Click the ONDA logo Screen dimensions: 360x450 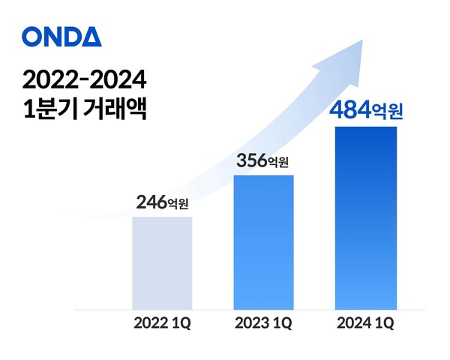(61, 36)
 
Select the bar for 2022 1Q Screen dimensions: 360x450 (162, 262)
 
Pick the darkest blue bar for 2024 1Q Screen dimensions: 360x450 (364, 217)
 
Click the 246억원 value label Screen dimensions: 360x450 (163, 202)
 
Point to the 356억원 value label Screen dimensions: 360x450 (263, 160)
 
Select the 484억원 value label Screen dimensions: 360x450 (366, 112)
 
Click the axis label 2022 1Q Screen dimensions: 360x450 (162, 324)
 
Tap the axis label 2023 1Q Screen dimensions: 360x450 (263, 324)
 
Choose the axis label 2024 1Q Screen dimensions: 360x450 (365, 324)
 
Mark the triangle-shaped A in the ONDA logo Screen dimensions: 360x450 (91, 36)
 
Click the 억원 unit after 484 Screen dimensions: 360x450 (388, 113)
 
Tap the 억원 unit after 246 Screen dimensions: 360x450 (180, 203)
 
